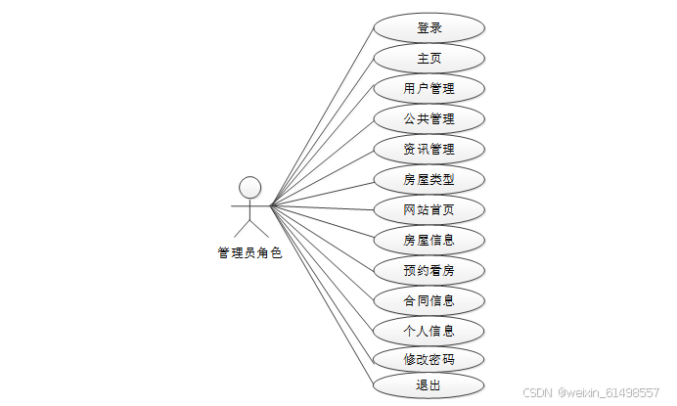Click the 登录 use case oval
429,28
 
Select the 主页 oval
429,59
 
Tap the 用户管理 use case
429,89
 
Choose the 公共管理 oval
429,119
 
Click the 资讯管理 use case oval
429,150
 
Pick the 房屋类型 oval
429,180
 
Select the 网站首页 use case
429,209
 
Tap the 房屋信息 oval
429,240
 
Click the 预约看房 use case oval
429,270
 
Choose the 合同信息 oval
429,300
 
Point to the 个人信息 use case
429,331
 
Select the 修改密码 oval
429,359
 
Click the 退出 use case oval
429,385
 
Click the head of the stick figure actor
250,186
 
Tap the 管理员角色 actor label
249,253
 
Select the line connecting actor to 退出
323,297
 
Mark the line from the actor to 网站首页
323,207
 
